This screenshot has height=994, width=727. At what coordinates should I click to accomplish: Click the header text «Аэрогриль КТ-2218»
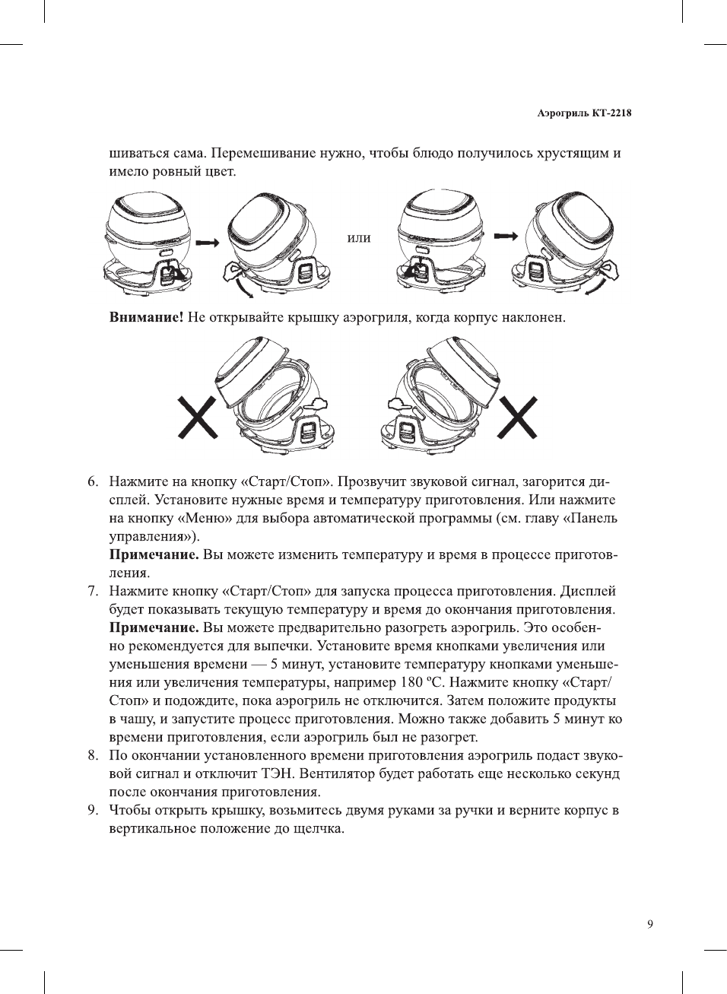(x=584, y=113)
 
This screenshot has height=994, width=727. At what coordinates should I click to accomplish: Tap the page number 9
(x=649, y=924)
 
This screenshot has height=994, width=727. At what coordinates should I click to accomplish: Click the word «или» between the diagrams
(x=359, y=238)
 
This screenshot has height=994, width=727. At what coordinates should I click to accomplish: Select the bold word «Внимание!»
(x=146, y=317)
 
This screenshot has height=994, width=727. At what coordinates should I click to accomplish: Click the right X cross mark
(x=517, y=418)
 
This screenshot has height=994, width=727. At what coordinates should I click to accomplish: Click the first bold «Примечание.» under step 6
(x=154, y=555)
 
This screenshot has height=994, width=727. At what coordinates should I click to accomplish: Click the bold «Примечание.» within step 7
(x=154, y=628)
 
